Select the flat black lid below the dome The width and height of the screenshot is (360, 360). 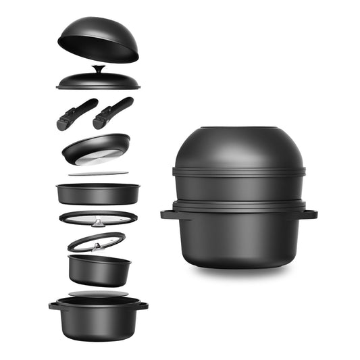(x=98, y=82)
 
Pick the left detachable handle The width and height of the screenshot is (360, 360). (x=76, y=113)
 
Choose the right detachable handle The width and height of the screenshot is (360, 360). (x=112, y=112)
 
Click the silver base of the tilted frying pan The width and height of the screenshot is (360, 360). (x=95, y=157)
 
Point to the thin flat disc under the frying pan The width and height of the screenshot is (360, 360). (x=98, y=174)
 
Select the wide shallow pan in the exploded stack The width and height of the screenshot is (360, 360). (x=98, y=194)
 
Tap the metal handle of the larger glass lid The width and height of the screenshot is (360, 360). (x=99, y=220)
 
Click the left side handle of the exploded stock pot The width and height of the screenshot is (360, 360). (x=53, y=305)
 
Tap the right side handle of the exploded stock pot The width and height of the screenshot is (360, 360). (x=143, y=305)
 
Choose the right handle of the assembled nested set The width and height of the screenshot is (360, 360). (x=310, y=215)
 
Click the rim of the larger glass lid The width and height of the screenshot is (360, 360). (x=68, y=217)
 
